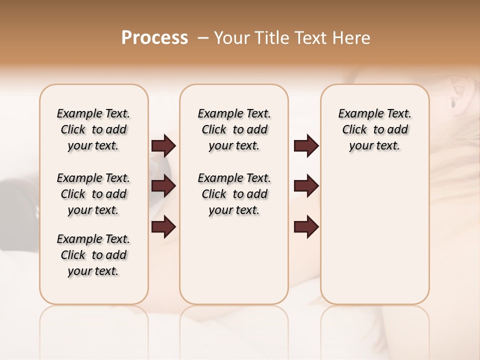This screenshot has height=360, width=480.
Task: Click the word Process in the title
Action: click(154, 38)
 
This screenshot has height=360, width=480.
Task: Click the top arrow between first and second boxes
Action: click(163, 145)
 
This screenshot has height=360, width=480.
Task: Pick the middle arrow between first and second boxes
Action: click(163, 186)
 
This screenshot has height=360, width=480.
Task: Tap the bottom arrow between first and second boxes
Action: click(163, 226)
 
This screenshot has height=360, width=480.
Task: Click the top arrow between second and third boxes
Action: click(306, 145)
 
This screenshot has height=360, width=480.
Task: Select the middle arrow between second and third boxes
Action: click(306, 186)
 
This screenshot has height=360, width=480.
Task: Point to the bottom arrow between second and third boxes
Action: click(306, 226)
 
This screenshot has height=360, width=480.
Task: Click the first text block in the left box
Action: click(93, 129)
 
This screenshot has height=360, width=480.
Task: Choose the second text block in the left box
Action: click(93, 194)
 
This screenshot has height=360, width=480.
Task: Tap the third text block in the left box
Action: click(93, 255)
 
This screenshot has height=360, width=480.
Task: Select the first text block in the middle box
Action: click(234, 129)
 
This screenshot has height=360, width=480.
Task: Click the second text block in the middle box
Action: click(234, 194)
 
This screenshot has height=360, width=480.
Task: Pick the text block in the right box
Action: click(374, 129)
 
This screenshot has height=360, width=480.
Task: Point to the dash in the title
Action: click(203, 38)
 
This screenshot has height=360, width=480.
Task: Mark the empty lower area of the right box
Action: click(374, 235)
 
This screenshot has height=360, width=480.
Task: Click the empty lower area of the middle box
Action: click(234, 260)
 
